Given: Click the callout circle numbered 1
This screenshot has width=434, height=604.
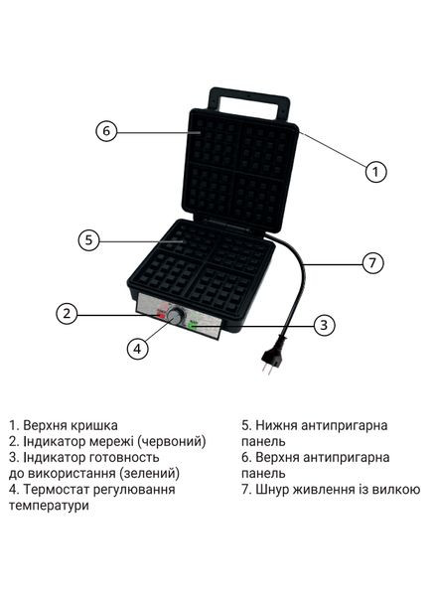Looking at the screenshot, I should [x=374, y=172].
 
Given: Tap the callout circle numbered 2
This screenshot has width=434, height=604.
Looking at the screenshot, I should [x=67, y=314].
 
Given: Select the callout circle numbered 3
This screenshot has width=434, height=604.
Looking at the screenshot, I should [x=322, y=324].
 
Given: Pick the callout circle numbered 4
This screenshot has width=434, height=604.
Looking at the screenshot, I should [x=138, y=349].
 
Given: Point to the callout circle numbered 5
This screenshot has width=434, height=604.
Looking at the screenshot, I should [x=88, y=239].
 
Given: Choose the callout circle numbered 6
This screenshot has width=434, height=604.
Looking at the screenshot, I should [x=107, y=130].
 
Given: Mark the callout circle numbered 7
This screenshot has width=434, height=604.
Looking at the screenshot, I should [x=371, y=263].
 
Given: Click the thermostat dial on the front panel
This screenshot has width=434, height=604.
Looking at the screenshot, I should [x=176, y=316].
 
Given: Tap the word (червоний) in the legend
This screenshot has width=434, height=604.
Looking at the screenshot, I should [x=172, y=441].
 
